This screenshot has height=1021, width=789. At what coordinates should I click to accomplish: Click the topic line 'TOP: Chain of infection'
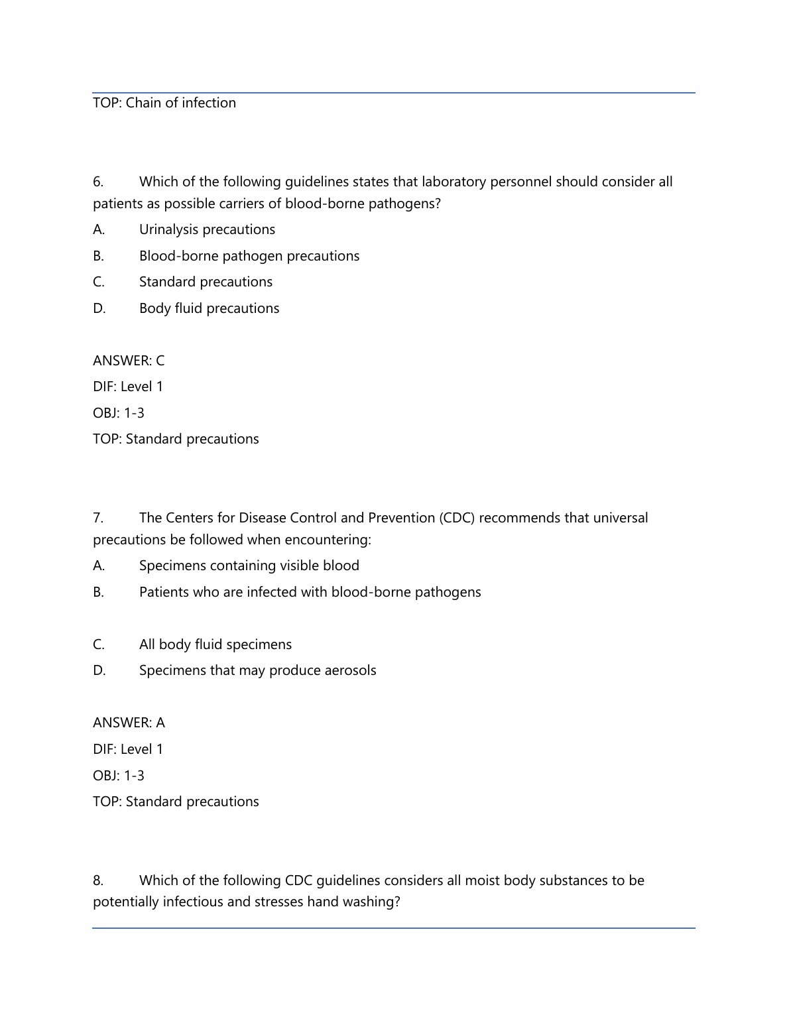164,103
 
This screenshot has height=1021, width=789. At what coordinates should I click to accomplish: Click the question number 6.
98,182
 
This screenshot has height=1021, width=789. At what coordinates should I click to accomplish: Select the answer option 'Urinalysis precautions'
207,229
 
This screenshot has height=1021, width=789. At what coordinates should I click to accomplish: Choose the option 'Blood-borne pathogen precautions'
249,256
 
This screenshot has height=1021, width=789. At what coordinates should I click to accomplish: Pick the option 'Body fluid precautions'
209,308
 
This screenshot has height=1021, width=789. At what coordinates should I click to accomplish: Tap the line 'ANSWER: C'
129,361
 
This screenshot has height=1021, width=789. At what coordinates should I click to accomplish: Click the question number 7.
98,518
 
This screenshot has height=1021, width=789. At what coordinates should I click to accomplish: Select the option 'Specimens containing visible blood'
249,566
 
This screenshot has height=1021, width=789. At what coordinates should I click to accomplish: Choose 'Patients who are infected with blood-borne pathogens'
310,592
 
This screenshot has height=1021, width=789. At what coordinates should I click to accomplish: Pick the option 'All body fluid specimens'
215,644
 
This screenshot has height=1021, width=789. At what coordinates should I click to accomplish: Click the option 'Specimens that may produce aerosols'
257,670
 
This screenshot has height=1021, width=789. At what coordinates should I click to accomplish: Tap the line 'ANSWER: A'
129,723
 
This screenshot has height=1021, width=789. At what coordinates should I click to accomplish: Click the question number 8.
98,880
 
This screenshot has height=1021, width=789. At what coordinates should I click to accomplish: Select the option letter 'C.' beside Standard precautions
99,282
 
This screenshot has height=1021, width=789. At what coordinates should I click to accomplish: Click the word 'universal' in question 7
619,518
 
